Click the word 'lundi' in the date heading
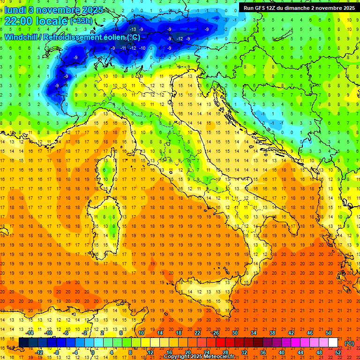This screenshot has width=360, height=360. coord(15,10)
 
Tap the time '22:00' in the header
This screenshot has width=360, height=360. coord(20,22)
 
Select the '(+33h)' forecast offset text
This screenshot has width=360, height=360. coord(81,22)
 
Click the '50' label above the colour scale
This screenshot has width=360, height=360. coord(328,333)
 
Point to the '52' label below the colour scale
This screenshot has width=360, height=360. coord(338,352)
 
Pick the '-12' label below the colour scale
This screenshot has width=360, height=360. coord(39,352)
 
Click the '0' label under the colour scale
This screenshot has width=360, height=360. coord(93,352)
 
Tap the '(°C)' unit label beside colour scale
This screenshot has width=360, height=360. coord(349,343)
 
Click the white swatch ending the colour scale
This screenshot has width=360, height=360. coord(333,343)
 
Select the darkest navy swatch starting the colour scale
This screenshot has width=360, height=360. coord(23,343)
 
